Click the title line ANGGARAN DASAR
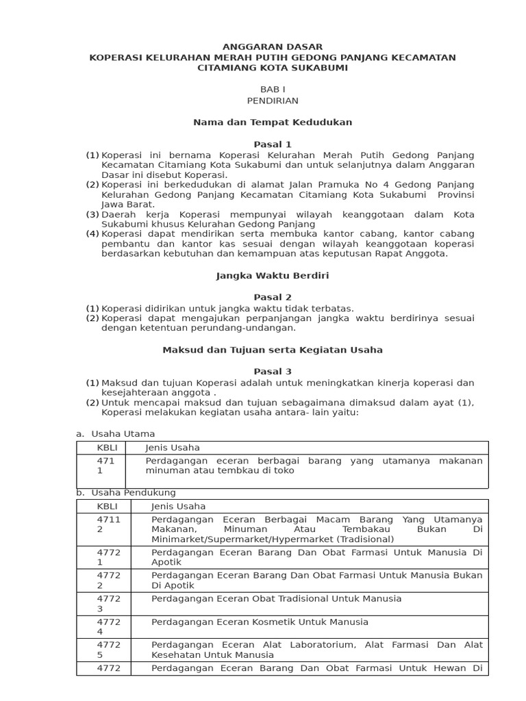pyautogui.click(x=273, y=47)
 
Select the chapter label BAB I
pyautogui.click(x=273, y=90)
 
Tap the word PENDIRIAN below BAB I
pyautogui.click(x=273, y=101)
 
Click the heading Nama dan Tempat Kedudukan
pyautogui.click(x=273, y=123)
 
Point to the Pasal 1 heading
pyautogui.click(x=273, y=144)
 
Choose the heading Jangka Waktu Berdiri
pyautogui.click(x=273, y=276)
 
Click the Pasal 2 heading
pyautogui.click(x=273, y=297)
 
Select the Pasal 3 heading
pyautogui.click(x=273, y=372)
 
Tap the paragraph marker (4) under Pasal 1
pyautogui.click(x=92, y=234)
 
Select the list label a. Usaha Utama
pyautogui.click(x=115, y=434)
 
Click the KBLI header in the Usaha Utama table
pyautogui.click(x=108, y=448)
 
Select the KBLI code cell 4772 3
pyautogui.click(x=109, y=604)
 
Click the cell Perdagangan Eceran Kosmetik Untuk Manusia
pyautogui.click(x=260, y=622)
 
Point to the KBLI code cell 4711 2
pyautogui.click(x=109, y=524)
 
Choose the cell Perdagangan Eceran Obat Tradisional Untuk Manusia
pyautogui.click(x=276, y=599)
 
